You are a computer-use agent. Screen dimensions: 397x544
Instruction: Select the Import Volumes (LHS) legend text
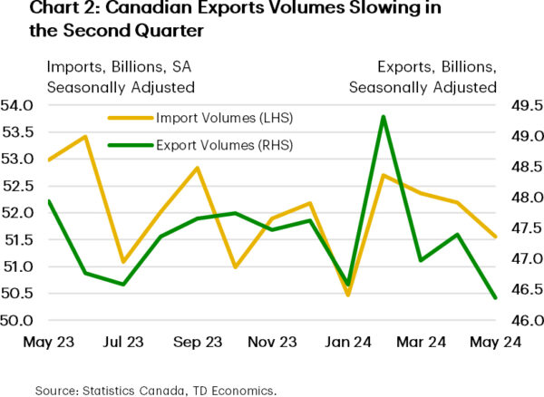coord(224,118)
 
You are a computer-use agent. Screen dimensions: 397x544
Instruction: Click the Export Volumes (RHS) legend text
coord(224,144)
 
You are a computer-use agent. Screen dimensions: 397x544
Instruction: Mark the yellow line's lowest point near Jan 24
coord(348,295)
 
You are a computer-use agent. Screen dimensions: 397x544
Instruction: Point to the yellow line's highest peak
coord(85,137)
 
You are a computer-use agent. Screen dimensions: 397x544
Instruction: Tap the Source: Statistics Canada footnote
coord(154,390)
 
